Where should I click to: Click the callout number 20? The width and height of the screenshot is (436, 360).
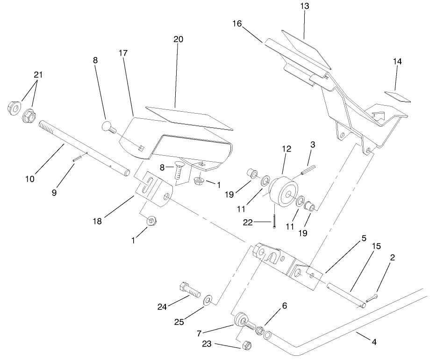pyautogui.click(x=178, y=39)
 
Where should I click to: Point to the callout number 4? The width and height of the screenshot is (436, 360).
pyautogui.click(x=373, y=342)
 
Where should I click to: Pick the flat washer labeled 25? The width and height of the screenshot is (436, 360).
pyautogui.click(x=207, y=299)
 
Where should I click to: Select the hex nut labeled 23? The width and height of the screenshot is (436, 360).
pyautogui.click(x=248, y=346)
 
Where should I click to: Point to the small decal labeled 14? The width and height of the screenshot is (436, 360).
pyautogui.click(x=395, y=96)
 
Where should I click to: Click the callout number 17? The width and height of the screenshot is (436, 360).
pyautogui.click(x=123, y=53)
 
